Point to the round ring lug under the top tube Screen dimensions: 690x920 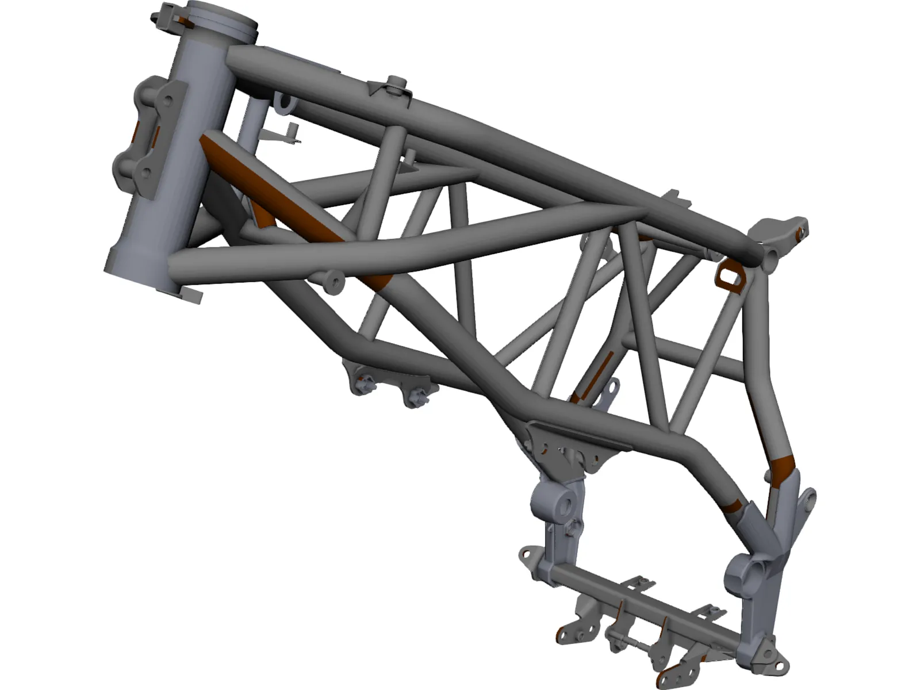click(284, 103)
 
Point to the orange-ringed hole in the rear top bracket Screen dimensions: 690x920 click(801, 233)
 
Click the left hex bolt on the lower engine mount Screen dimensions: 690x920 click(363, 385)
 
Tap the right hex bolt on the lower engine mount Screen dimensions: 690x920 click(413, 397)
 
